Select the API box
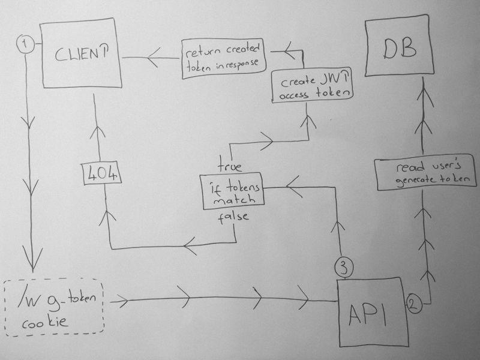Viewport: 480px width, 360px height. [372, 311]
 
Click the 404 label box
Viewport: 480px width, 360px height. [100, 173]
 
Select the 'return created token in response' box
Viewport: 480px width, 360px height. [223, 58]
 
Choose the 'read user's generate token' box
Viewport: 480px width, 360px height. [422, 173]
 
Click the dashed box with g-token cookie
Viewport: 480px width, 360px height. [54, 306]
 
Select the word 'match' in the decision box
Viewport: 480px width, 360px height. [230, 201]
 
